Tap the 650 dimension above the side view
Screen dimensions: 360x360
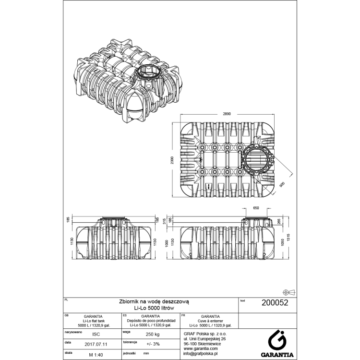tap(256, 208)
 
